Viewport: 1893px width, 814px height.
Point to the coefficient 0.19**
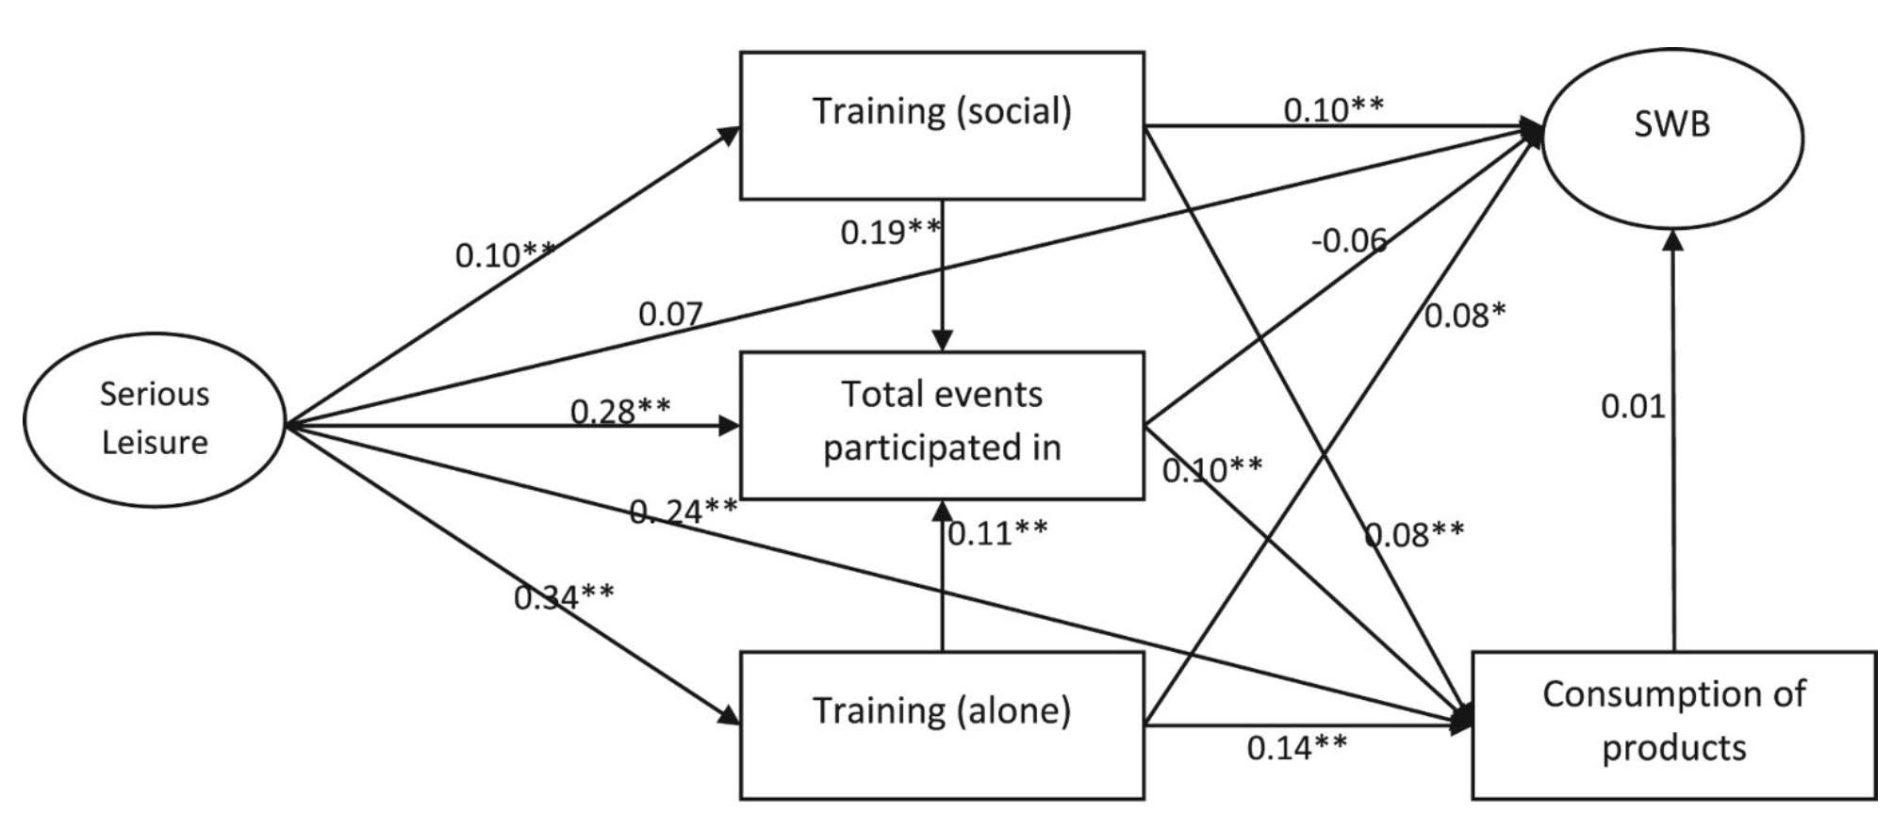[891, 232]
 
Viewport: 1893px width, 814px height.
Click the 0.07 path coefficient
[670, 314]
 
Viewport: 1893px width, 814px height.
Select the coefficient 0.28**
[620, 411]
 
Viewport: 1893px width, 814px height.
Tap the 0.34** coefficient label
[564, 596]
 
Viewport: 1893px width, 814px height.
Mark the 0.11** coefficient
[997, 533]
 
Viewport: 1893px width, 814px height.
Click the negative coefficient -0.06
[1349, 241]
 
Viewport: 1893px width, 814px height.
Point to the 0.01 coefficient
[1633, 406]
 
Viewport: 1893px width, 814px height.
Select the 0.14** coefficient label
[1297, 747]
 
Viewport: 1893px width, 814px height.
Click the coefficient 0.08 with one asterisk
[1465, 315]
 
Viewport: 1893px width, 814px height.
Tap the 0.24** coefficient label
[683, 511]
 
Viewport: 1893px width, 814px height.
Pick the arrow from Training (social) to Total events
[942, 276]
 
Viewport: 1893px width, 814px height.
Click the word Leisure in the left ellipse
[155, 442]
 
